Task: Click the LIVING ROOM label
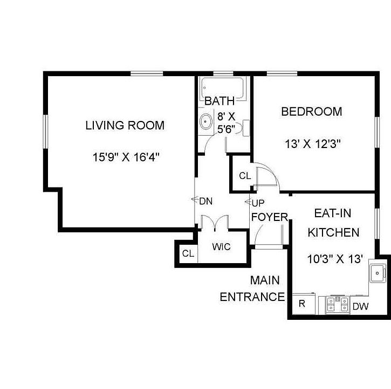point(125,125)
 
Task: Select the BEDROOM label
point(311,112)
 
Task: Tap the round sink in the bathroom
point(206,123)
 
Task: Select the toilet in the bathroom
point(244,126)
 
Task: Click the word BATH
point(219,100)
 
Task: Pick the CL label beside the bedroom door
point(245,176)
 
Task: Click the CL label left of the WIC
point(188,253)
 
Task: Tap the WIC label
point(221,247)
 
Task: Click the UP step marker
point(257,203)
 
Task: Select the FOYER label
point(269,217)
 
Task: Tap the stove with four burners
point(337,305)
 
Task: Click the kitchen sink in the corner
point(377,273)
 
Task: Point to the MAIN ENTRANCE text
point(251,289)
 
